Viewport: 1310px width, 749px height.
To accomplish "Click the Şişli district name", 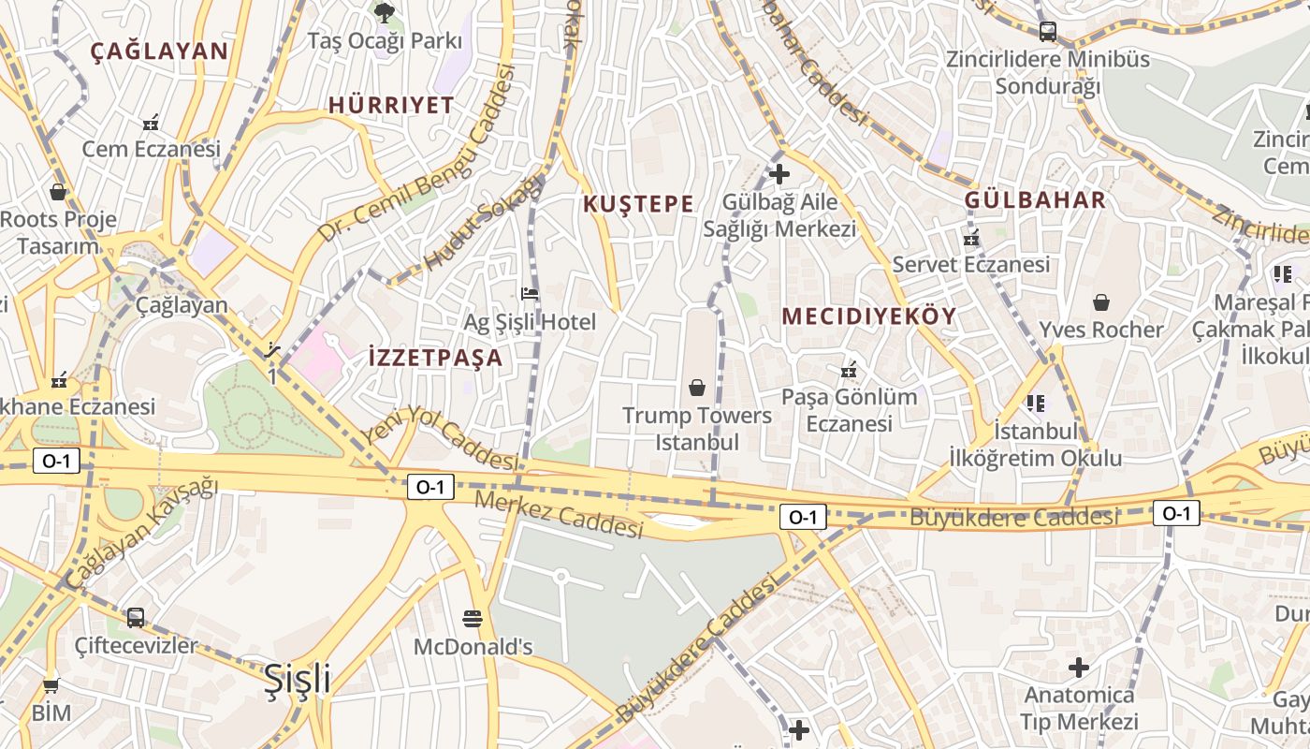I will [x=297, y=679].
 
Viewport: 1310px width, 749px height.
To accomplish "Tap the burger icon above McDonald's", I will [x=473, y=619].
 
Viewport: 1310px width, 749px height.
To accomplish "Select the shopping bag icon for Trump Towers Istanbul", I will [x=697, y=388].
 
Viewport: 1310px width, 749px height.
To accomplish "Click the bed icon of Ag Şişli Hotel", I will [x=530, y=294].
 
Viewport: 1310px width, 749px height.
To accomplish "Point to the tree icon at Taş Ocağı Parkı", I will [x=384, y=12].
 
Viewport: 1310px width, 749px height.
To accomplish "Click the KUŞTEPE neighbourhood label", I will [x=638, y=204].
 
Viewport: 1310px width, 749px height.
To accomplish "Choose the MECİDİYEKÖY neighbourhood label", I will [x=869, y=316].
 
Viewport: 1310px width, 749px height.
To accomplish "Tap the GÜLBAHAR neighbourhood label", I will [x=1035, y=200].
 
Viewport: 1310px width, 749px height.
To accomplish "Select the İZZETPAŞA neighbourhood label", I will [x=435, y=358].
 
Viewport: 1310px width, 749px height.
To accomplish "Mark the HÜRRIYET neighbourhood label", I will [x=390, y=106].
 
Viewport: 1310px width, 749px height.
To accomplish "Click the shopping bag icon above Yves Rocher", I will [x=1101, y=302].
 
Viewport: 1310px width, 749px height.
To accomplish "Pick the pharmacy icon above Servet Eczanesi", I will [x=971, y=238].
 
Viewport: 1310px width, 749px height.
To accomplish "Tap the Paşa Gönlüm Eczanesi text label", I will [x=849, y=410].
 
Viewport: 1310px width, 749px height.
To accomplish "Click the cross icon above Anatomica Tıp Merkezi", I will [x=1079, y=668].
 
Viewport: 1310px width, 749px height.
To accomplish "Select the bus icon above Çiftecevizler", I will [x=136, y=618].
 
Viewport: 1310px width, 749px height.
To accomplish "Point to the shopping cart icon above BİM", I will [x=51, y=686].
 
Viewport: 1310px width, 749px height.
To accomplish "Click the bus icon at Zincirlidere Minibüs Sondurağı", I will [x=1047, y=32].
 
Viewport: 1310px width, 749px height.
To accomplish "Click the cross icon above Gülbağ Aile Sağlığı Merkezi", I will [x=779, y=174].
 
